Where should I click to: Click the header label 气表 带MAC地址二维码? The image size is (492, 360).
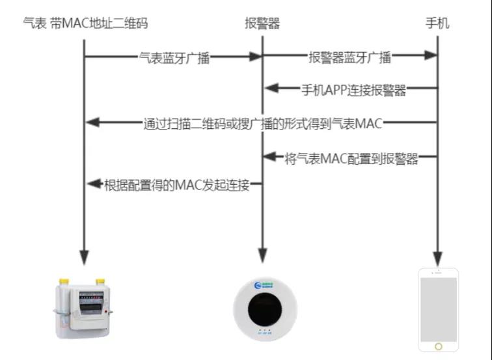(x=85, y=24)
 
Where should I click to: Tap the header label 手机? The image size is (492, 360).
(x=437, y=24)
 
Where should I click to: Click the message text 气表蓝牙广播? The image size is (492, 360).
(x=174, y=57)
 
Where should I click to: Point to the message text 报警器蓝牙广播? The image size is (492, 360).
(x=350, y=57)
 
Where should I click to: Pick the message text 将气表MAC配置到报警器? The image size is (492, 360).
(x=351, y=158)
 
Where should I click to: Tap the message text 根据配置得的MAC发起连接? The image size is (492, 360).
(x=177, y=186)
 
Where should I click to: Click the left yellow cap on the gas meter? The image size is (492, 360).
(x=64, y=281)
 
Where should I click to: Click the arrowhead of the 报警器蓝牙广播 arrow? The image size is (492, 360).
(x=430, y=57)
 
